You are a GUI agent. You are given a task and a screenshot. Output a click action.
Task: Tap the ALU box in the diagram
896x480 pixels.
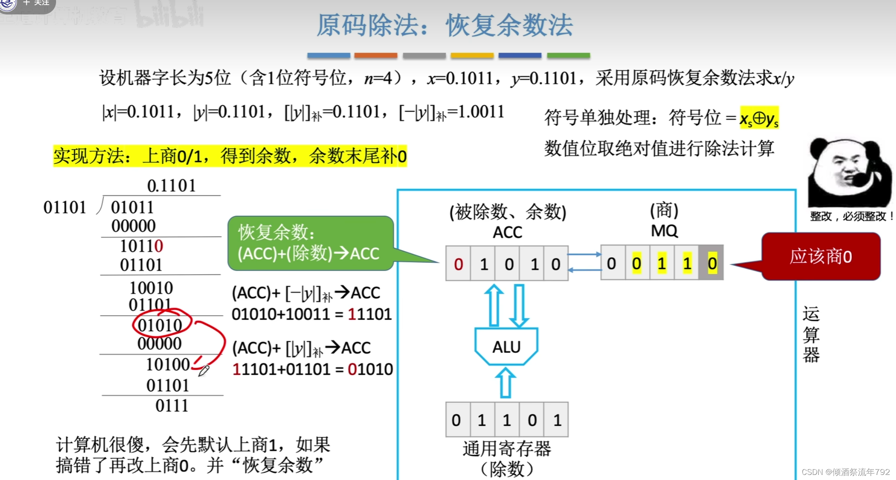pos(506,347)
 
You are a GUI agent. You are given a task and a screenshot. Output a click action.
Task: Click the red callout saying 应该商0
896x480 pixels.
pos(820,256)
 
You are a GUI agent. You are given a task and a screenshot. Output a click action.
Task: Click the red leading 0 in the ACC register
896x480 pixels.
pos(458,264)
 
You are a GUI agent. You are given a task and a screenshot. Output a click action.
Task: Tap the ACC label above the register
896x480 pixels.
pos(507,232)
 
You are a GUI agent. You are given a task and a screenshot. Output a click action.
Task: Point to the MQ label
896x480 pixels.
pos(664,231)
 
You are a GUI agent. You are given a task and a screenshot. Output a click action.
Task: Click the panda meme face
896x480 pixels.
pos(848,172)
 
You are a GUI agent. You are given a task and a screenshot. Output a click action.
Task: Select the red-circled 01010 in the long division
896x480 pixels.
pos(160,325)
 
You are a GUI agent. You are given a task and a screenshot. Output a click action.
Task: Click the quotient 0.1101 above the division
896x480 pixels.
pos(172,185)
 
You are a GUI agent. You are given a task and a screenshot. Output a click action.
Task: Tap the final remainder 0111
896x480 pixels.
pos(172,406)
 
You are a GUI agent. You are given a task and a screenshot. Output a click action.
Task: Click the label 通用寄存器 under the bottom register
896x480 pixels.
pos(507,449)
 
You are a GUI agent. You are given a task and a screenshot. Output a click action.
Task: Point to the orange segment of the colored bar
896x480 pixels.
pos(376,55)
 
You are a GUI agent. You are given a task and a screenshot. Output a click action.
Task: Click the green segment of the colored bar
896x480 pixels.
pos(568,55)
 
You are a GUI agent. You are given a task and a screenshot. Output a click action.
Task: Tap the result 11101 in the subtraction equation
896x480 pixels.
pos(369,314)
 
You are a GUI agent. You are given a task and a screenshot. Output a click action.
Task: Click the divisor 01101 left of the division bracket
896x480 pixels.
pos(65,207)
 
